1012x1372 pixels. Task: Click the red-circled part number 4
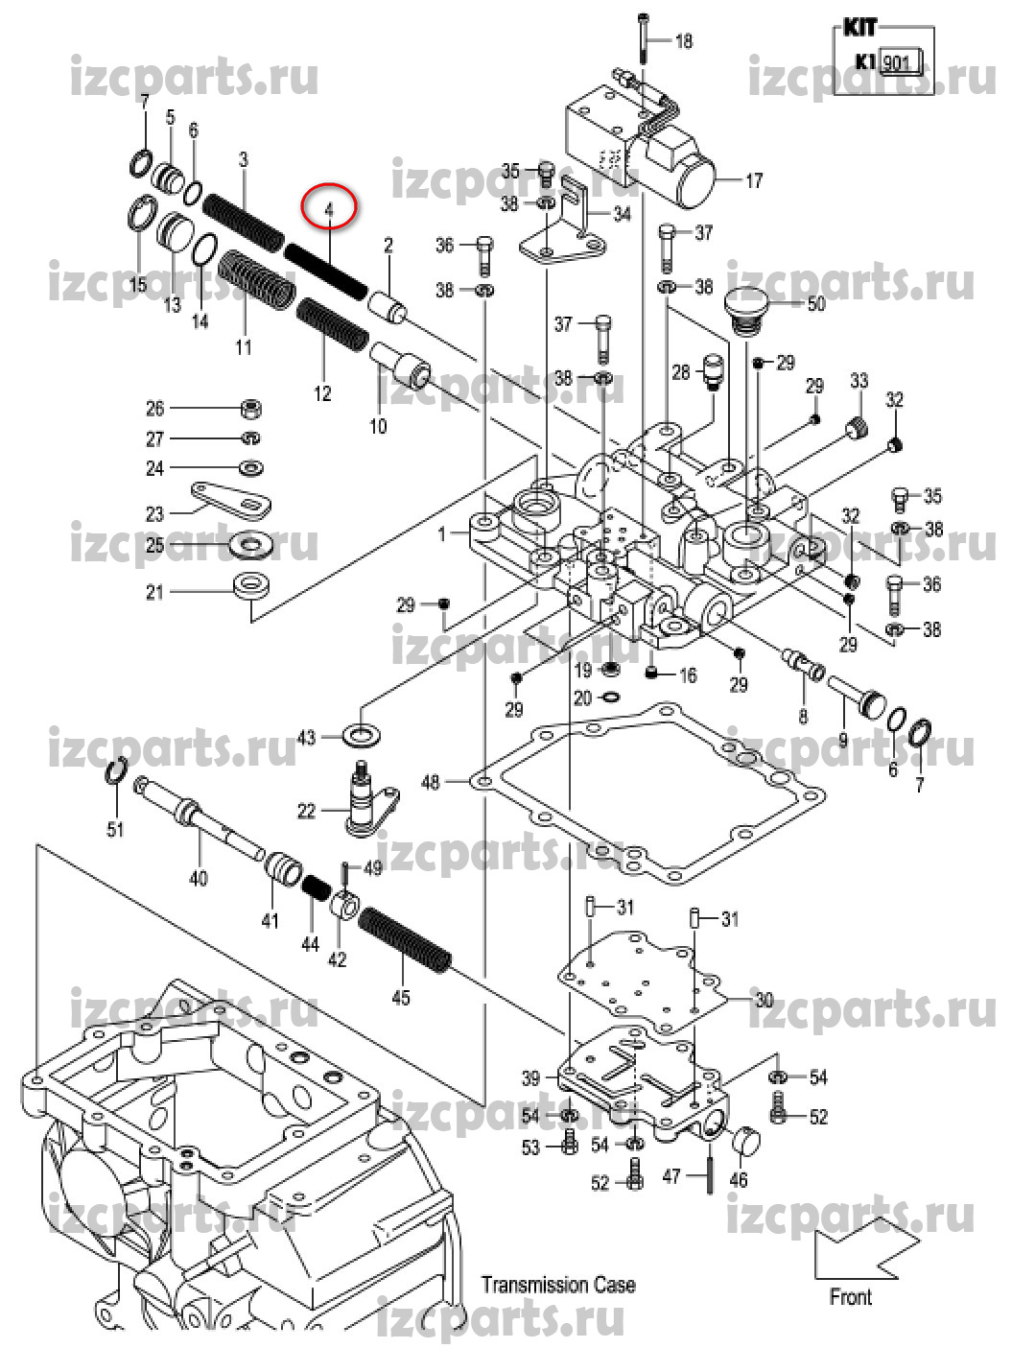pos(328,208)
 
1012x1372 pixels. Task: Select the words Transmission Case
pos(557,1285)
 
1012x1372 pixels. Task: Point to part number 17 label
pos(754,179)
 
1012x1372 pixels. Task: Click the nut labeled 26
pos(250,409)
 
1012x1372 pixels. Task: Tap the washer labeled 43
pos(362,737)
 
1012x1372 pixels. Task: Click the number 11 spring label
pos(244,346)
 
